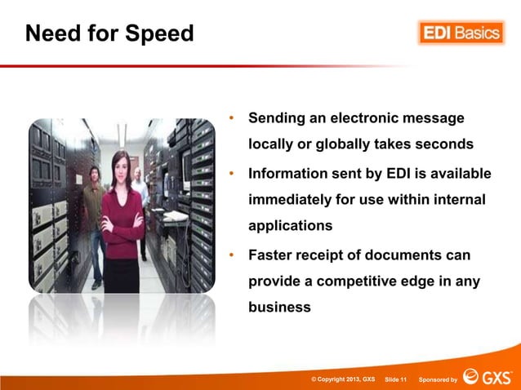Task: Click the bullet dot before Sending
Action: coord(232,120)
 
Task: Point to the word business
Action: coord(279,308)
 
